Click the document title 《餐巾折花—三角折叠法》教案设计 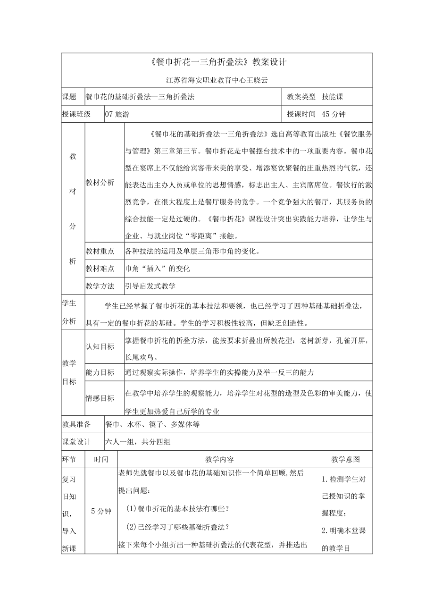pyautogui.click(x=217, y=62)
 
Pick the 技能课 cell pyautogui.click(x=332, y=97)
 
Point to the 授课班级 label pyautogui.click(x=76, y=114)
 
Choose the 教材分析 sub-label pyautogui.click(x=100, y=183)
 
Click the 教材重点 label pyautogui.click(x=100, y=251)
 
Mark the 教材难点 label pyautogui.click(x=100, y=268)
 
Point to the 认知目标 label pyautogui.click(x=100, y=346)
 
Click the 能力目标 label pyautogui.click(x=100, y=372)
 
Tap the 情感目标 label pyautogui.click(x=100, y=398)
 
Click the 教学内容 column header pyautogui.click(x=219, y=459)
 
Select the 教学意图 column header pyautogui.click(x=346, y=459)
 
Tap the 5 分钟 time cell pyautogui.click(x=101, y=511)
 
